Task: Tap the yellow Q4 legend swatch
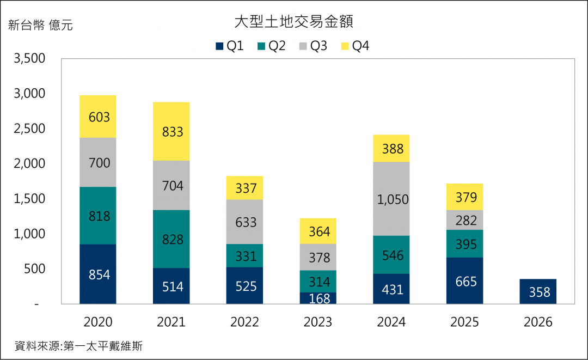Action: pos(345,46)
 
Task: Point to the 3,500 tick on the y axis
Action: pos(30,59)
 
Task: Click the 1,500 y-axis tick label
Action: pos(30,199)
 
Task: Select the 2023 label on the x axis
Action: pos(318,322)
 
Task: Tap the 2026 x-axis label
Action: pos(538,322)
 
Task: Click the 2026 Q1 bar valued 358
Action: pos(538,292)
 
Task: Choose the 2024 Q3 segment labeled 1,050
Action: pos(391,199)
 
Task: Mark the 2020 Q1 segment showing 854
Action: pos(98,274)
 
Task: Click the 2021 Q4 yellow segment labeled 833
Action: pos(171,131)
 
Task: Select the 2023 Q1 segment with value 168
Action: pos(318,298)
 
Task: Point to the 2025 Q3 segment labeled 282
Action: pos(464,220)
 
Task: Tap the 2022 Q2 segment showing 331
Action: pos(244,256)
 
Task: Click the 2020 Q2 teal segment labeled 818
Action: pos(98,216)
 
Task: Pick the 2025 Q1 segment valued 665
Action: pos(464,281)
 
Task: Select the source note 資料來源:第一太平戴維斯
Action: pos(78,346)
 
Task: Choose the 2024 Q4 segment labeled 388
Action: pos(391,148)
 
